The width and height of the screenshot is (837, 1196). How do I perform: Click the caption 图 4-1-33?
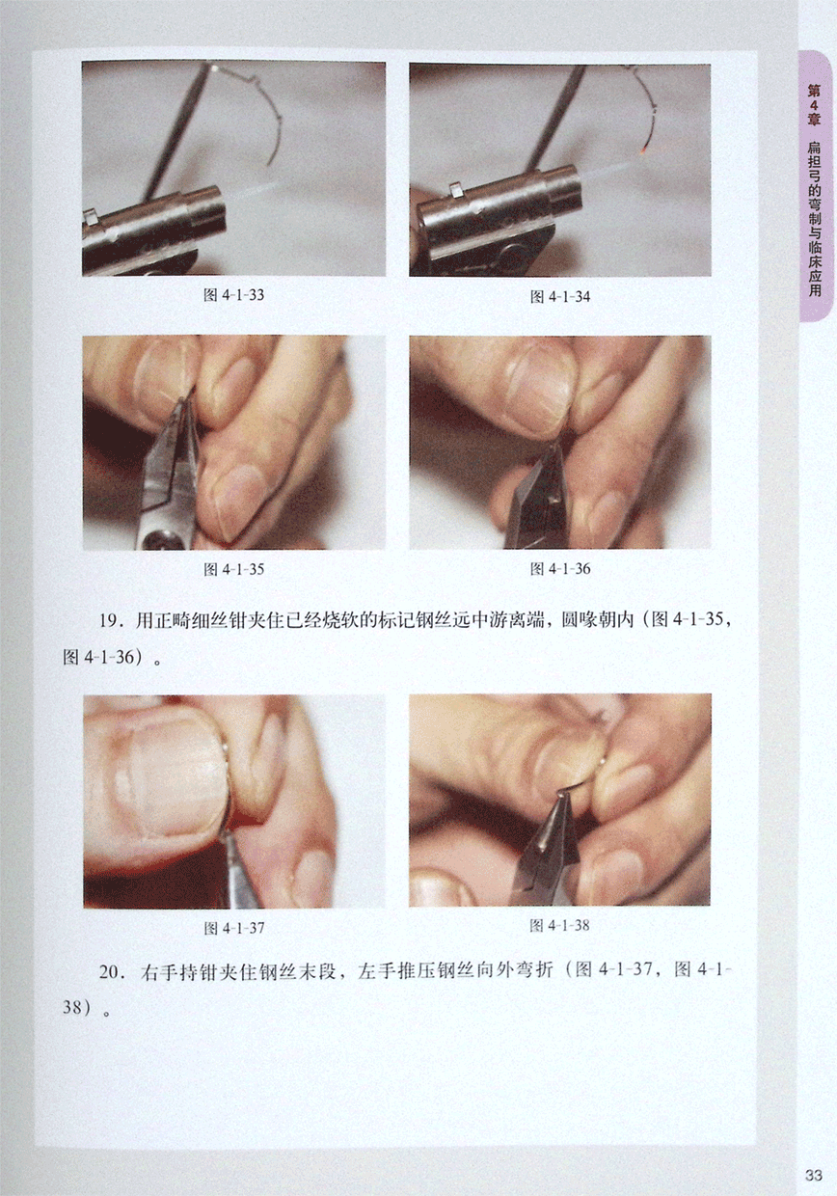coord(233,295)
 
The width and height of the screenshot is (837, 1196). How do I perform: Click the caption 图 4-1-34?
coord(560,297)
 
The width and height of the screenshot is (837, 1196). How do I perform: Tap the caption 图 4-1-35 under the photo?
coord(233,569)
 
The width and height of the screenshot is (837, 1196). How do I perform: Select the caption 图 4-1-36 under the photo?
coord(560,569)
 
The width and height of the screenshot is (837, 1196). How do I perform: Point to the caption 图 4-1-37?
coord(233,928)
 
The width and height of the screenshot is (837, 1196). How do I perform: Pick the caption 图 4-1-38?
coord(559,925)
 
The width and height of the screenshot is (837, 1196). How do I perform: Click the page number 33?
coord(814,1175)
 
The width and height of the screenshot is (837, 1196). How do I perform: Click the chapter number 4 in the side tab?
coord(814,105)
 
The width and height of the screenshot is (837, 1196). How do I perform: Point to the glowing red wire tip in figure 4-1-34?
coord(644,150)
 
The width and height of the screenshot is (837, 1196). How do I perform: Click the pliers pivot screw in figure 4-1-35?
coord(159,540)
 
